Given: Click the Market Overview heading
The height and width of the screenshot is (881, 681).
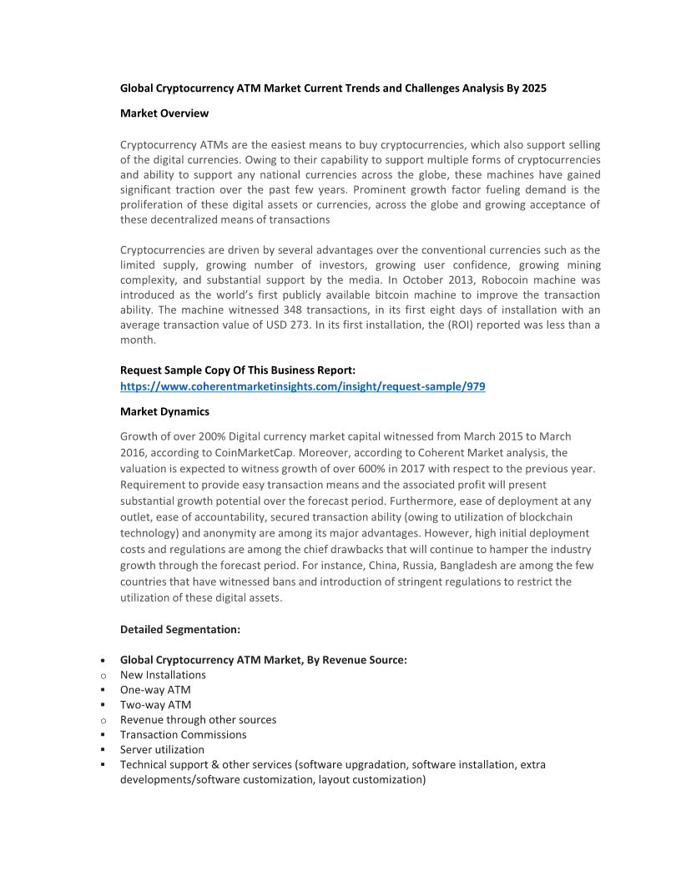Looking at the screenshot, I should pyautogui.click(x=164, y=113).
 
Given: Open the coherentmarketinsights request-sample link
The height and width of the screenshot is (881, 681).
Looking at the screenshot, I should pyautogui.click(x=302, y=386).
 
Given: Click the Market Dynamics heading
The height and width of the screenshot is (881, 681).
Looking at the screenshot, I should pyautogui.click(x=164, y=411).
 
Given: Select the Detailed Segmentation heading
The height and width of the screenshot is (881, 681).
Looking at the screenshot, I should pyautogui.click(x=180, y=629).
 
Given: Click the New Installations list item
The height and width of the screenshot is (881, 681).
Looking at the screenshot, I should pyautogui.click(x=163, y=675).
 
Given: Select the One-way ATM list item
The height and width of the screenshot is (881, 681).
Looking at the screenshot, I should pyautogui.click(x=155, y=690).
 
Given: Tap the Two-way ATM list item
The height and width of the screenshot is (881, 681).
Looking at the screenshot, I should pyautogui.click(x=155, y=705).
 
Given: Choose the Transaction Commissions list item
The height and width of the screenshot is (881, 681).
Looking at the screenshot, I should pyautogui.click(x=183, y=735).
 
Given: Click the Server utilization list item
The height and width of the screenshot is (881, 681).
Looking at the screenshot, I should pyautogui.click(x=162, y=750).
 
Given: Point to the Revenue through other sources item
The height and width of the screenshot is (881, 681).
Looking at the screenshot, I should pyautogui.click(x=198, y=720).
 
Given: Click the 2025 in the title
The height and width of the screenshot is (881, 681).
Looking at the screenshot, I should pyautogui.click(x=533, y=88).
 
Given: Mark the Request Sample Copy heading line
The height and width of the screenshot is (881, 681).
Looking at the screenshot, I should pyautogui.click(x=238, y=370).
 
